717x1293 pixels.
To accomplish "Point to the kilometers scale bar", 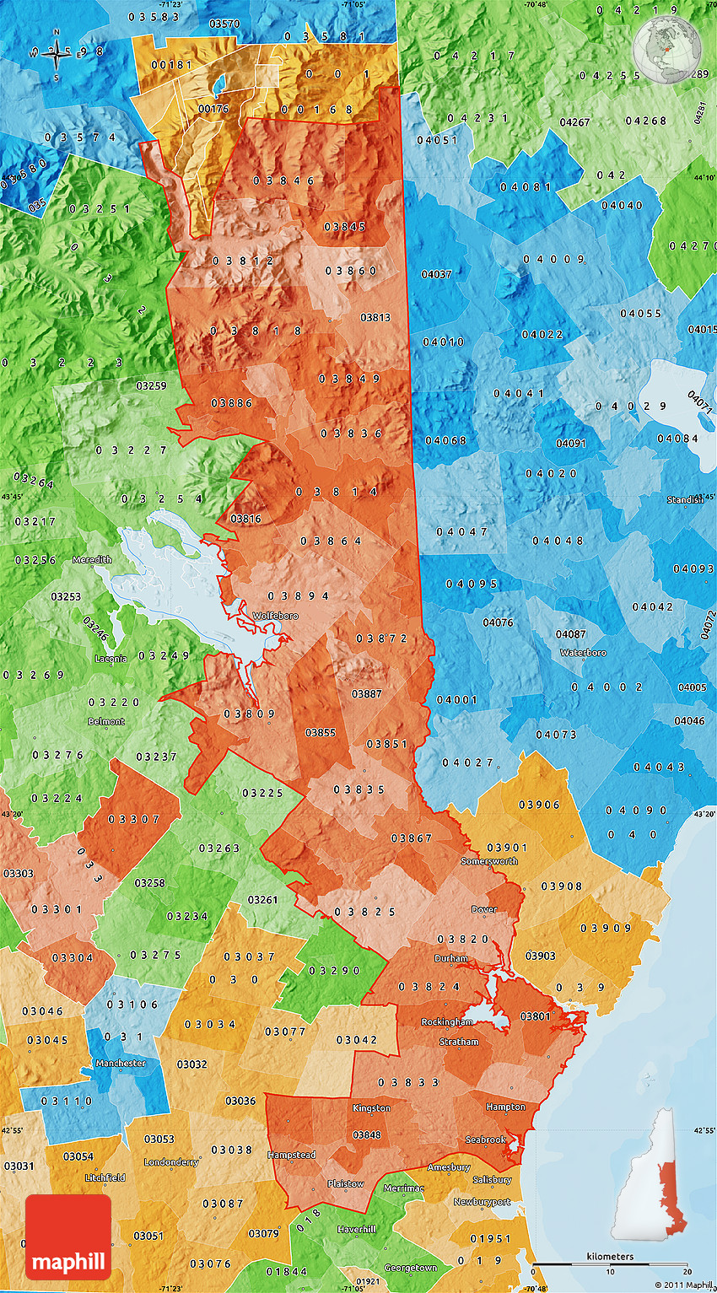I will coord(610,1264).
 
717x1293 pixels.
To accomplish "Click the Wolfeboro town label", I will coord(275,616).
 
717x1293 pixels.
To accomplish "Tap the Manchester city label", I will coord(121,1063).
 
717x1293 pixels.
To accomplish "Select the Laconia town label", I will coord(111,658).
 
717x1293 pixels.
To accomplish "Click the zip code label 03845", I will coord(344,226).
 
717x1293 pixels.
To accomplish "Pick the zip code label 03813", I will coord(375,317).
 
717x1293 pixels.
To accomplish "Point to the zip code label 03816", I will coord(245,518).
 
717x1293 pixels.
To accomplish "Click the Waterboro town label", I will coord(584,652).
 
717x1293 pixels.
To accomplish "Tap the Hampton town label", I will coord(505,1107).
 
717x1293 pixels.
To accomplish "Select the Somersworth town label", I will coord(489,861).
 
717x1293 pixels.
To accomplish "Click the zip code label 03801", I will coord(535,1016).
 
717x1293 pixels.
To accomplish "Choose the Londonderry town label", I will coord(171,1161).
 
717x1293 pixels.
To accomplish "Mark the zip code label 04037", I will coord(436,274).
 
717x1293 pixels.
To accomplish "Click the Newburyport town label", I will coord(482,1202).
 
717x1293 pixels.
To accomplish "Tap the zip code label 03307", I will coord(133,819).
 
